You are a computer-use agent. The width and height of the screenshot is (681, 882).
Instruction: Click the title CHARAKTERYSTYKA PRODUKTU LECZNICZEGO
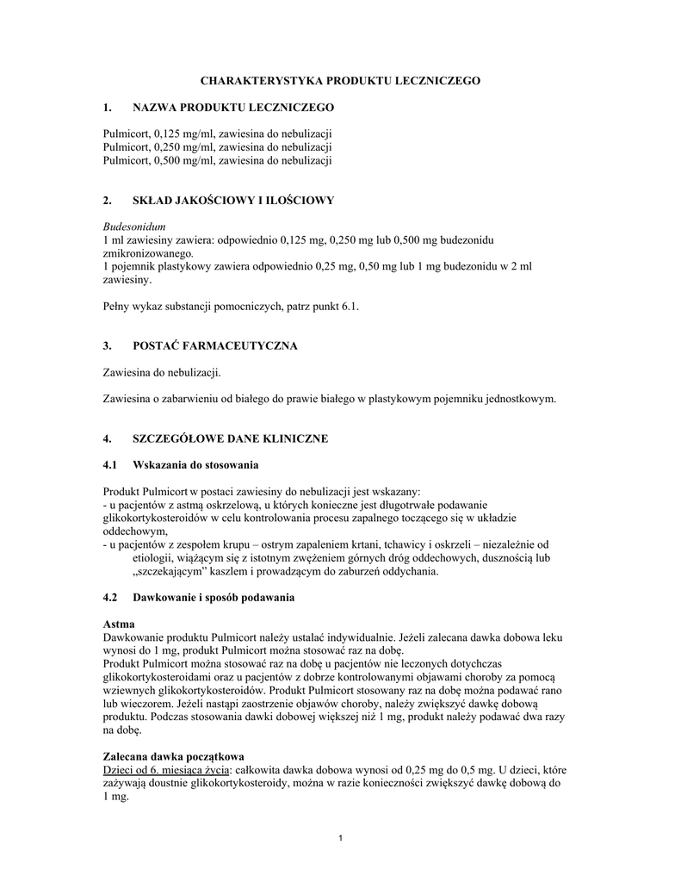[340, 80]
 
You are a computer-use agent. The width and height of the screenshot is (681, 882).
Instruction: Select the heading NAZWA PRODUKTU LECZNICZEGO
[232, 107]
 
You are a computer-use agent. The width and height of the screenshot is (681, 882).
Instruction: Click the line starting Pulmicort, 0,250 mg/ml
[217, 146]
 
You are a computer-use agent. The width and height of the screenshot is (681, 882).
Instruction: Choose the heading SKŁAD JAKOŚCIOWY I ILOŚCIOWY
[232, 200]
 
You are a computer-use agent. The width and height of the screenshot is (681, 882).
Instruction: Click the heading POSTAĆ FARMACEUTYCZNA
[214, 345]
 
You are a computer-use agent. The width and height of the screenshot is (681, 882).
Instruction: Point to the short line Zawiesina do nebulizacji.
[162, 372]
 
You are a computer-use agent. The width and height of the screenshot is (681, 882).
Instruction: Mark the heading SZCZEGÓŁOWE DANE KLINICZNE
[230, 438]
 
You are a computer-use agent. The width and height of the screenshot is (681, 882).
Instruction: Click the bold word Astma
[118, 624]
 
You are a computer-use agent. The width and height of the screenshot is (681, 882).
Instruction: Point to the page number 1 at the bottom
[341, 839]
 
